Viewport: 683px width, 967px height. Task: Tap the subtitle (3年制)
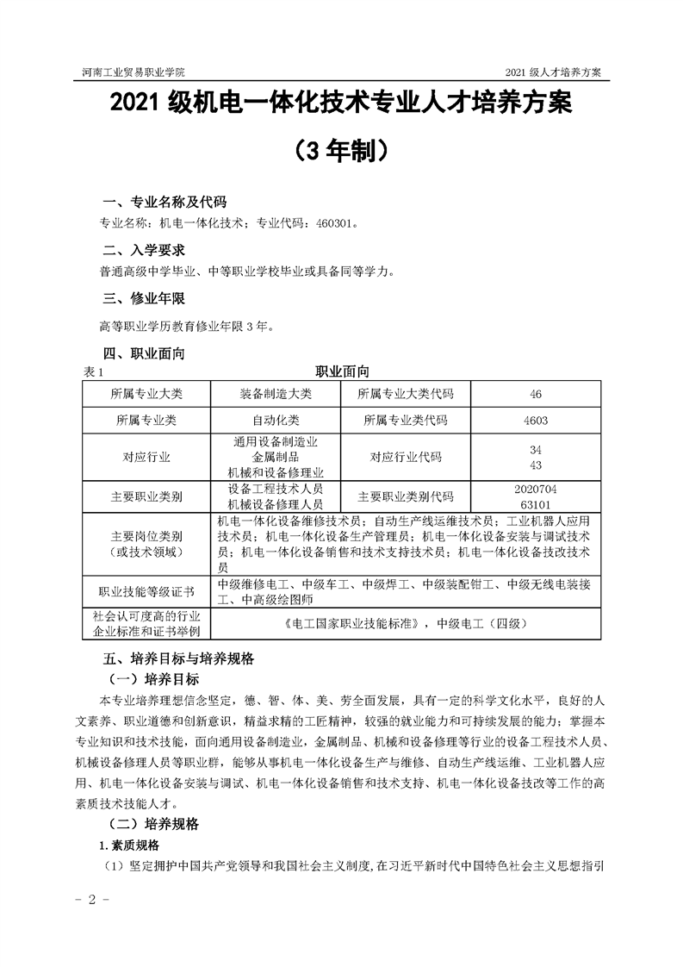(340, 150)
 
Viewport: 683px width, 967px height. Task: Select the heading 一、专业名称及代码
(164, 203)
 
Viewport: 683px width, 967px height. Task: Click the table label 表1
(92, 372)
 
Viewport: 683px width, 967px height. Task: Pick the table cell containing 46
(536, 394)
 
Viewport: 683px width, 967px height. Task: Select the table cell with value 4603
(536, 421)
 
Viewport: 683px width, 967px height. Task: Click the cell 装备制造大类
(276, 394)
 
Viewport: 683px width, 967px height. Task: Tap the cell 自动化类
(276, 421)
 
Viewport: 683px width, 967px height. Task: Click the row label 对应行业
(146, 458)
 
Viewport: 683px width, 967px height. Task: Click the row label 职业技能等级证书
(146, 591)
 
